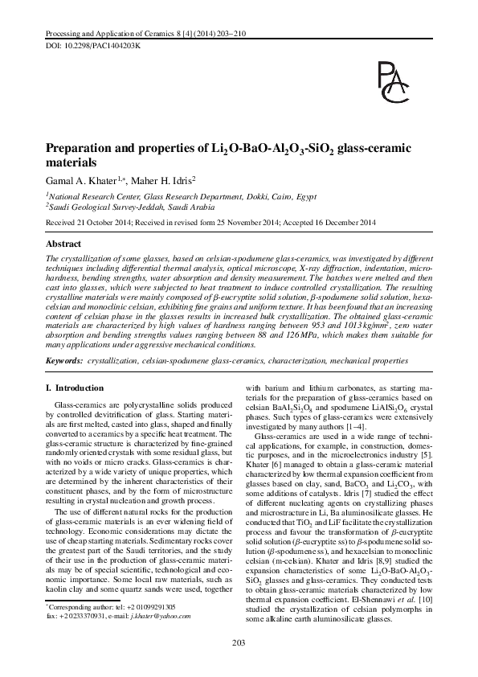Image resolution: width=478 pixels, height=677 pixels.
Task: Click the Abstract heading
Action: (x=63, y=242)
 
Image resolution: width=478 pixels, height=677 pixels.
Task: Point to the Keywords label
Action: (x=64, y=363)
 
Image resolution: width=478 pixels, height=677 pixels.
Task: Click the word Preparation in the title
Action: (x=84, y=149)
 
